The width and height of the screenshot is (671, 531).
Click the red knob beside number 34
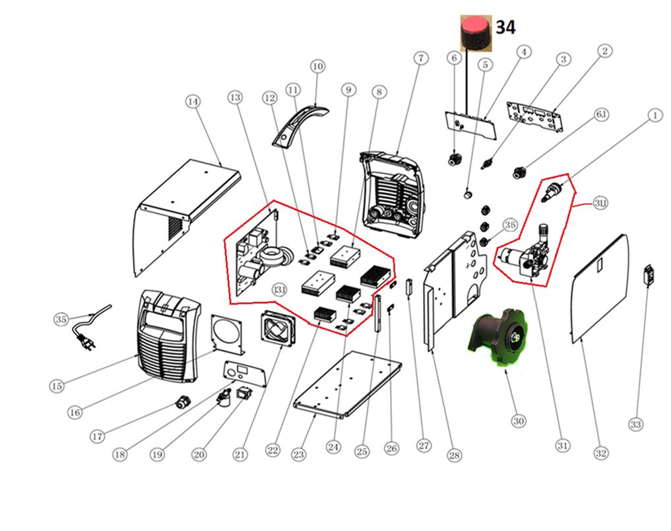click(x=473, y=32)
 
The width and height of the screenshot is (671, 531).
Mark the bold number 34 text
click(x=505, y=27)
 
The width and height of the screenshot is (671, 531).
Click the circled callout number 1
click(x=654, y=116)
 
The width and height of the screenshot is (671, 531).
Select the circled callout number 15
click(x=56, y=385)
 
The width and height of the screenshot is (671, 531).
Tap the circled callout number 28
click(x=454, y=455)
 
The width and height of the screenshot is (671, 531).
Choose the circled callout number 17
click(x=97, y=436)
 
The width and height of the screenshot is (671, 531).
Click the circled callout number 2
click(x=605, y=50)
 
